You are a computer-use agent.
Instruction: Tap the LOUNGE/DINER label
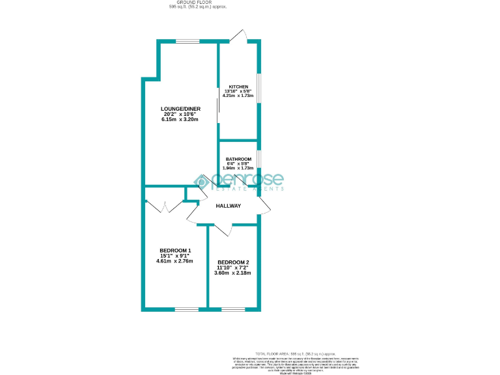(181, 109)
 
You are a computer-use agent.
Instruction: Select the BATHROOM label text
(238, 160)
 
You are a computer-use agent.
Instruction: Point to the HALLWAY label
(228, 206)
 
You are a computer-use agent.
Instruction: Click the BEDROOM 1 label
(175, 251)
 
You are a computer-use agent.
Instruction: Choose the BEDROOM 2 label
(233, 262)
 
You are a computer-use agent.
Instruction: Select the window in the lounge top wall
(187, 42)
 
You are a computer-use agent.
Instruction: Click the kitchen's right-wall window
(258, 88)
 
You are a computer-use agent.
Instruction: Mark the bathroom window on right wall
(258, 160)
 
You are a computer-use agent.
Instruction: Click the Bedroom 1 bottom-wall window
(186, 309)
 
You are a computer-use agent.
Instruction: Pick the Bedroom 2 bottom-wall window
(234, 309)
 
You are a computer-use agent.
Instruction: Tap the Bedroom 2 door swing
(223, 228)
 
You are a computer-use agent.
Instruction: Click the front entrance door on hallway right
(264, 206)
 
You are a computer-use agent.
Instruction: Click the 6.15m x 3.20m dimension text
(181, 120)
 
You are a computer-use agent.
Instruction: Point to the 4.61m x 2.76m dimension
(175, 262)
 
